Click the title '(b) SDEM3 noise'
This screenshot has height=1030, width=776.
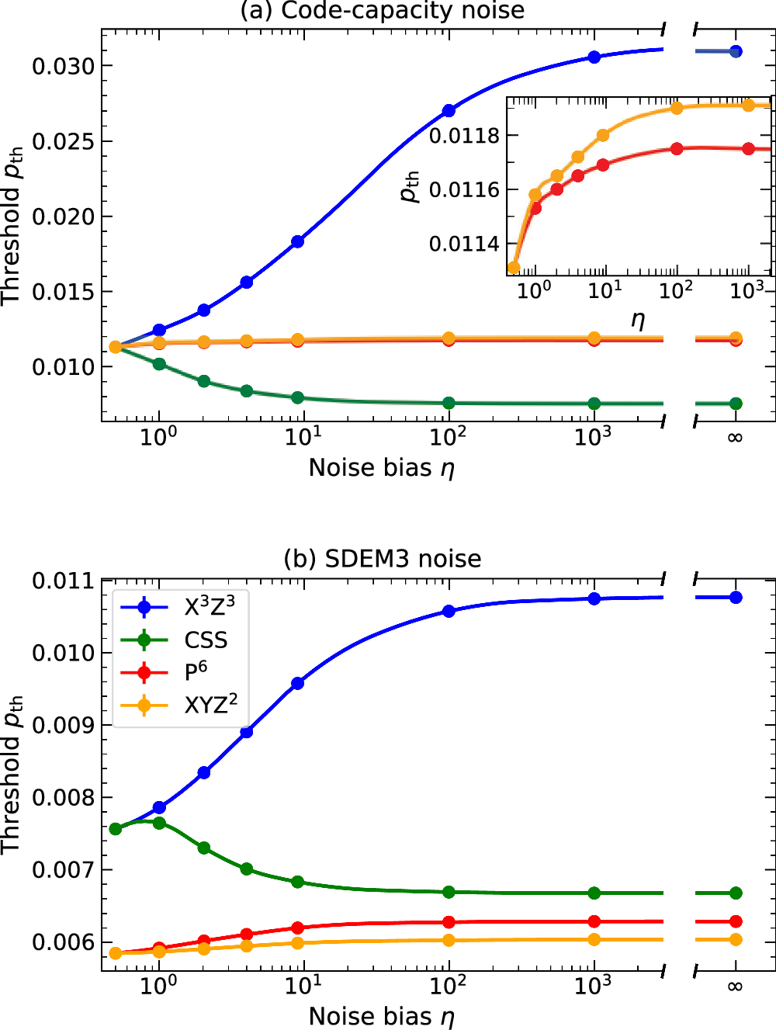tap(383, 559)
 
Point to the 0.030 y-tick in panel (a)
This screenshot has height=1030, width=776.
tap(63, 66)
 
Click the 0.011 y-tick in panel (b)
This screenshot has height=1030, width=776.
tap(63, 581)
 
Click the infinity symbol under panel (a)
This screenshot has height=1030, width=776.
tap(735, 438)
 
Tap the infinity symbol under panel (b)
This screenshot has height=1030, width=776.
tap(735, 987)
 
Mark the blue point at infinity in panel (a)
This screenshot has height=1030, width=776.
tap(736, 51)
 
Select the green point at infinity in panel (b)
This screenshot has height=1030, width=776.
tap(736, 893)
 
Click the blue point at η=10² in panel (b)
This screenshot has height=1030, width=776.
tap(449, 611)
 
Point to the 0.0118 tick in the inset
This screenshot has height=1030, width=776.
tap(464, 136)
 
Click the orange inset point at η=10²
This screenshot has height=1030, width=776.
tap(677, 108)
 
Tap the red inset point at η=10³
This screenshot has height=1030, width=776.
tap(748, 148)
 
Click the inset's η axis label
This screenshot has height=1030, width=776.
tap(638, 319)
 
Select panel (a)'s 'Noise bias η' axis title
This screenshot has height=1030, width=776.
tap(381, 468)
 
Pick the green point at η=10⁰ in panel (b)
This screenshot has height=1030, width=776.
tap(159, 823)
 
